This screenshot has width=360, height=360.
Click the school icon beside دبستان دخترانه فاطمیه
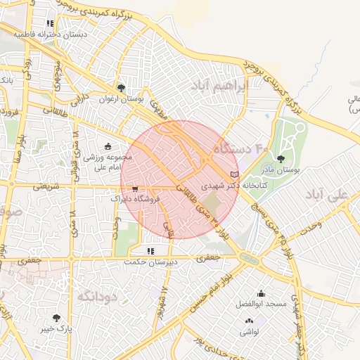point(50,24)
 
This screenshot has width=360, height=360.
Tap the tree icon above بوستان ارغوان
point(122,89)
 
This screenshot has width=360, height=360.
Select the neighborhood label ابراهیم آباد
point(220,86)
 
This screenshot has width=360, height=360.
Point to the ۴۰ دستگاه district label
point(252,149)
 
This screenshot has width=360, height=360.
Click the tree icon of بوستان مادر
point(281,160)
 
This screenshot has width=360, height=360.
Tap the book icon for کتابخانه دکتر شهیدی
point(235,174)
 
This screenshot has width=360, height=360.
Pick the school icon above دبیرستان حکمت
point(150,250)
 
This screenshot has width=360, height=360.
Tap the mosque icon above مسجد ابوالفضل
point(262,294)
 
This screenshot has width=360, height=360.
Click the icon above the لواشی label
point(248,321)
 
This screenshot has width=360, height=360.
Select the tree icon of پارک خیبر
point(56,318)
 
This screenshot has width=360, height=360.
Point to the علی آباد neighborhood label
point(332,193)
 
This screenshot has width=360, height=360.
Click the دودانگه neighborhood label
point(95,295)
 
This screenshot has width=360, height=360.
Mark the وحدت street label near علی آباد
point(310,224)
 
